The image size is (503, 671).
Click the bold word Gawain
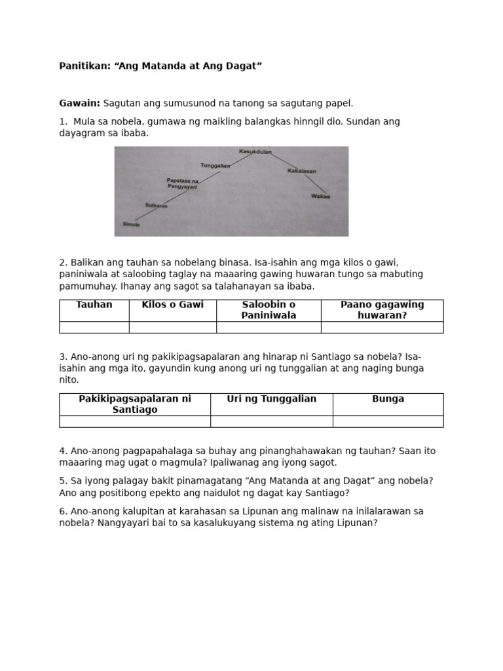pyautogui.click(x=79, y=103)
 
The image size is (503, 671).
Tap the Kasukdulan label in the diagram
pyautogui.click(x=255, y=151)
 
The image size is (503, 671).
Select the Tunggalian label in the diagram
pyautogui.click(x=215, y=166)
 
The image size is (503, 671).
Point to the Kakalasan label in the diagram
pyautogui.click(x=301, y=171)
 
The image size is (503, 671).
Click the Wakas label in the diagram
pyautogui.click(x=320, y=196)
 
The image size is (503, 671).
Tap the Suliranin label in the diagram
pyautogui.click(x=157, y=206)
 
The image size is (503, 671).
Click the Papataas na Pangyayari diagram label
pyautogui.click(x=182, y=183)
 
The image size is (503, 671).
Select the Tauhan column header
pyautogui.click(x=94, y=305)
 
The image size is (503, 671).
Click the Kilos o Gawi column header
pyautogui.click(x=172, y=305)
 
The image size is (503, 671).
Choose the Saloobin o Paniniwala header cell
pyautogui.click(x=269, y=310)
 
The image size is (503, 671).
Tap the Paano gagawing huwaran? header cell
pyautogui.click(x=382, y=310)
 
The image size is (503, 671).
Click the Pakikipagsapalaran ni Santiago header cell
pyautogui.click(x=135, y=404)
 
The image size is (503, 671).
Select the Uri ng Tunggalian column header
pyautogui.click(x=271, y=399)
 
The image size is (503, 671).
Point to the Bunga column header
pyautogui.click(x=388, y=399)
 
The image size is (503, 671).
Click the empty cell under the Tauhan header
pyautogui.click(x=94, y=327)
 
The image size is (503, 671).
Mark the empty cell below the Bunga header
pyautogui.click(x=388, y=421)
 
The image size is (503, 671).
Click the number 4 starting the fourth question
pyautogui.click(x=62, y=451)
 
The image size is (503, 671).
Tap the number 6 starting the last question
pyautogui.click(x=62, y=511)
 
